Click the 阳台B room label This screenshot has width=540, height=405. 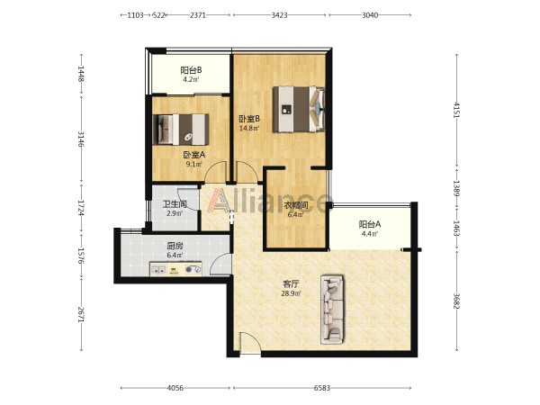pos(191,70)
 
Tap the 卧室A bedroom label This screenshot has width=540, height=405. pos(193,155)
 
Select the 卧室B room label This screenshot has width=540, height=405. pos(249,119)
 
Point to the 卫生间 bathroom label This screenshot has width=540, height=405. pos(175,204)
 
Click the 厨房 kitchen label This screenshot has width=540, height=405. pos(175,246)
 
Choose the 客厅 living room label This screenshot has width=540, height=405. pos(291,284)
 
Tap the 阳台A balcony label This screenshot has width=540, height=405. pos(370,224)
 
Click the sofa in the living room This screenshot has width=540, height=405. pos(332,310)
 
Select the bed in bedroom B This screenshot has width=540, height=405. pos(299,109)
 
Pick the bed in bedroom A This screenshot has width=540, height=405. pos(181,130)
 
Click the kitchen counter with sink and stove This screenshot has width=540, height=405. pos(175,269)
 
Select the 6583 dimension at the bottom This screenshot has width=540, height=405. pos(322,388)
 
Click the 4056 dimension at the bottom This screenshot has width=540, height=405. pos(175,388)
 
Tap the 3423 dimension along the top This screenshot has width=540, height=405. pos(279,15)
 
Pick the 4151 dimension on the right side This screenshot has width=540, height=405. pos(456,110)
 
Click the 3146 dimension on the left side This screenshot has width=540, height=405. pos(81,139)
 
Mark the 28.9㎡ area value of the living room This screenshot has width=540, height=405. pos(291,293)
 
